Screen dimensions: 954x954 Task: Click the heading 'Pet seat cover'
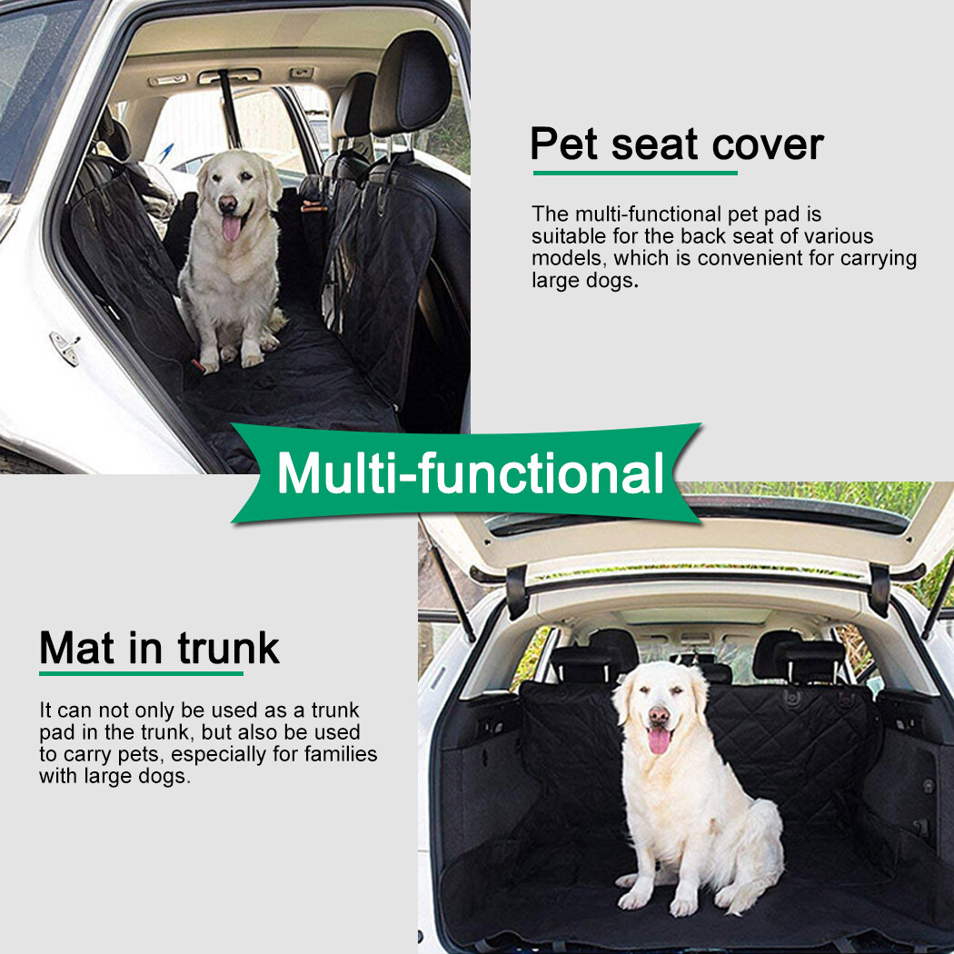coord(676,144)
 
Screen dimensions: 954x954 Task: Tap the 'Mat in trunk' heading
coord(159,648)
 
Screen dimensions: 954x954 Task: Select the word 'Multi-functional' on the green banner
coord(470,473)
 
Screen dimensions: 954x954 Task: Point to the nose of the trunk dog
coord(660,716)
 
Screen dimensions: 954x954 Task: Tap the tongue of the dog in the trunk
coord(659,740)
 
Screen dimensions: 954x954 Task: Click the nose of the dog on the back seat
coord(227,204)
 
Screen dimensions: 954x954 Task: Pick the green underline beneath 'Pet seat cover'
coord(634,172)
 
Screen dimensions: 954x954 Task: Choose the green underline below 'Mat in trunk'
coord(141,673)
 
